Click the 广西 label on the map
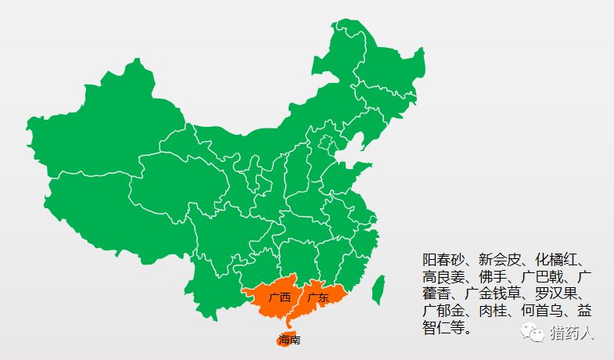(x=279, y=297)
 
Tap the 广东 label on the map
(x=318, y=297)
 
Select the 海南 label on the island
(x=289, y=340)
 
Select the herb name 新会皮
(x=501, y=259)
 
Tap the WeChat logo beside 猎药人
(x=538, y=333)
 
